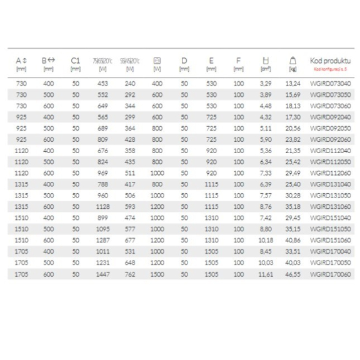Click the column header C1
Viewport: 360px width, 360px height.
76,61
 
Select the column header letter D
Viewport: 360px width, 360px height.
184,61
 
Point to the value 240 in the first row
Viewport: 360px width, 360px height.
130,82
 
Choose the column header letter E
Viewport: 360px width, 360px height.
211,61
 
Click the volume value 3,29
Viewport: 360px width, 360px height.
266,82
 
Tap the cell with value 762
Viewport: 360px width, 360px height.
130,274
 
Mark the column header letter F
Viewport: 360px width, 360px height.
238,61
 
